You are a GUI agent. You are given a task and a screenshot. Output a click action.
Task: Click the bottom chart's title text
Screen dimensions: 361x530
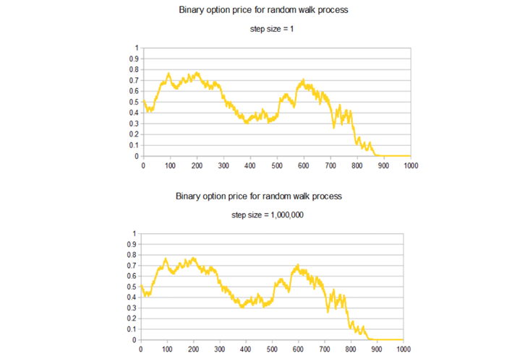tap(259, 196)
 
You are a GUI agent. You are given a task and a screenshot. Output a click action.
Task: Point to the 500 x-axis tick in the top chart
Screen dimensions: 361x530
tap(277, 166)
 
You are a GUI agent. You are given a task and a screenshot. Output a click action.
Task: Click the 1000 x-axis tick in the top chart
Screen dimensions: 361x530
tap(410, 166)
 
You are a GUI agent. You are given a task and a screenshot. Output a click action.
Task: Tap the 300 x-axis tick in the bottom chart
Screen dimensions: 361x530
tap(218, 350)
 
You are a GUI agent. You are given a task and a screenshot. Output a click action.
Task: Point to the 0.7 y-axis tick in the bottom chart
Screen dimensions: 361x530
tap(131, 265)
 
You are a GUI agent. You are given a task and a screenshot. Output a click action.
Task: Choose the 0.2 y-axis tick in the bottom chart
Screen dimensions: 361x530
tap(131, 318)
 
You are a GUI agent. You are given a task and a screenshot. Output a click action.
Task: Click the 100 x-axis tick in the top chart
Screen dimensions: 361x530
tap(170, 166)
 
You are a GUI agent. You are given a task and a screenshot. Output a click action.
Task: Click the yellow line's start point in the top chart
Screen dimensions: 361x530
tap(143, 102)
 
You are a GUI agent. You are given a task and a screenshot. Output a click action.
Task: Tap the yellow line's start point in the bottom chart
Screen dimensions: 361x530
tap(140, 287)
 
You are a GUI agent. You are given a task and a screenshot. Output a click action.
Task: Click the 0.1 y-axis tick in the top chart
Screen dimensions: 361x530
tap(134, 145)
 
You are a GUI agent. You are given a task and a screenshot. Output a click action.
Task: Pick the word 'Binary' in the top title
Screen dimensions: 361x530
tap(191, 12)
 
